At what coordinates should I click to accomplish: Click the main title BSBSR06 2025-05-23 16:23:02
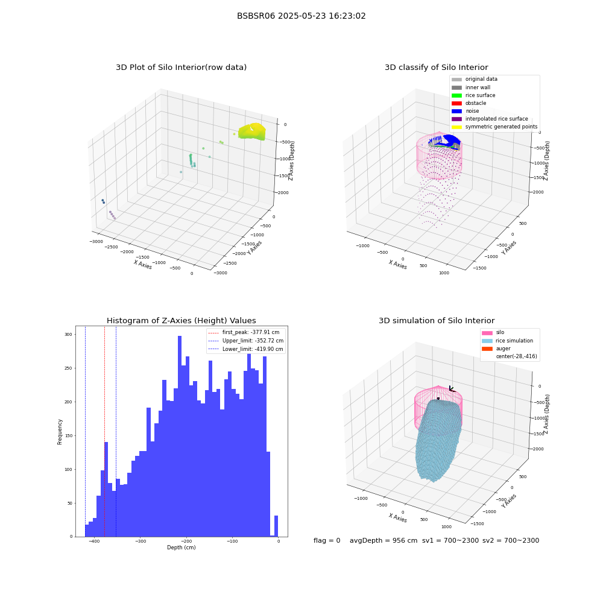click(x=301, y=16)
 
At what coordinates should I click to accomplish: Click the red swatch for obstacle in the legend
click(x=456, y=103)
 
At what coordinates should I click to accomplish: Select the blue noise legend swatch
click(x=456, y=111)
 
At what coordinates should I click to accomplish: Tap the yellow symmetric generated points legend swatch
click(x=456, y=127)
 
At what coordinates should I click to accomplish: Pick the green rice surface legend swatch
click(x=456, y=95)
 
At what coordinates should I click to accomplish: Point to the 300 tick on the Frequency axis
click(x=68, y=335)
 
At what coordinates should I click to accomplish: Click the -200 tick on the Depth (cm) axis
click(x=186, y=541)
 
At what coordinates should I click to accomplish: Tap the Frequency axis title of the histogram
click(x=60, y=432)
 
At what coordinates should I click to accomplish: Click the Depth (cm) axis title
click(x=182, y=548)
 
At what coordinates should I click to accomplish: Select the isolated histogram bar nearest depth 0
click(x=276, y=526)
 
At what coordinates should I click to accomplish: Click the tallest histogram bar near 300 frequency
click(x=180, y=436)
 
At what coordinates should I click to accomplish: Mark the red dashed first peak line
click(x=104, y=432)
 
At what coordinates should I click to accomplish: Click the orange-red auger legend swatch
click(x=487, y=349)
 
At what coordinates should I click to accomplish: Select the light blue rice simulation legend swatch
click(x=487, y=341)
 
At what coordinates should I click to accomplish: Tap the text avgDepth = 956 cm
click(x=384, y=540)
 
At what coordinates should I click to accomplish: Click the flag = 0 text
click(x=327, y=540)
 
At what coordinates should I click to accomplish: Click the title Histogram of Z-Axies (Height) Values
click(x=181, y=320)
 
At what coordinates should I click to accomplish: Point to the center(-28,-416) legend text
click(x=517, y=356)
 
